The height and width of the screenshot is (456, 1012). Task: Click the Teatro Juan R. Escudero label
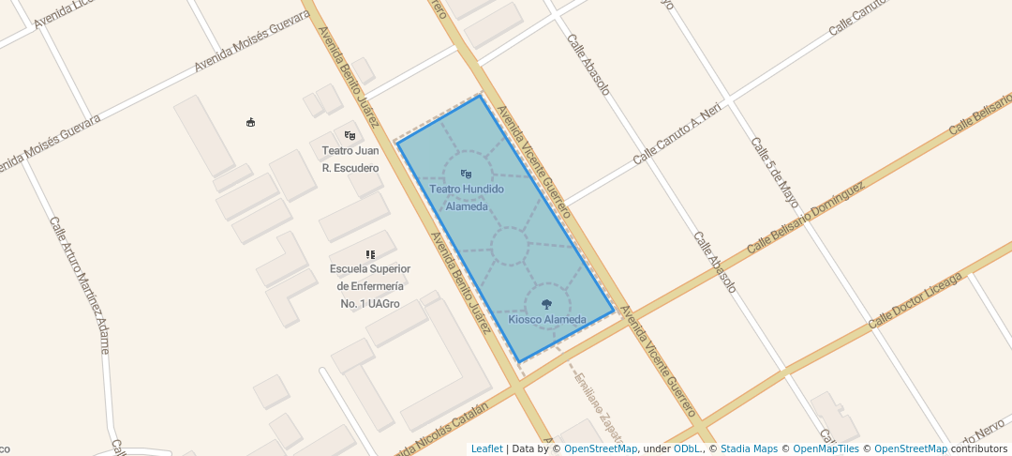click(350, 159)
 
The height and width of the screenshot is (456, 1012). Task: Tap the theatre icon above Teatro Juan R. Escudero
click(350, 135)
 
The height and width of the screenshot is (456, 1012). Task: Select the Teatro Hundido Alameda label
click(467, 197)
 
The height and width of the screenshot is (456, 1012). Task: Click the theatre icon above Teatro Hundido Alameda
click(466, 174)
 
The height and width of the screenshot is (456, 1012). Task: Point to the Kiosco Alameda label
click(547, 319)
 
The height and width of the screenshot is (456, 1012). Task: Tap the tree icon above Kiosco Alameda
click(547, 303)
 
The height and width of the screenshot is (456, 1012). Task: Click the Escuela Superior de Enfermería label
click(370, 286)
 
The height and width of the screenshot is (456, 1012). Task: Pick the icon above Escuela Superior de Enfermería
click(370, 254)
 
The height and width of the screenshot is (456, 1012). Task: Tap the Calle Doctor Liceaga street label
click(915, 300)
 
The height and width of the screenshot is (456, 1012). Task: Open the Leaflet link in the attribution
click(486, 448)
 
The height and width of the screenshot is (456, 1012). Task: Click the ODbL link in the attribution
click(688, 448)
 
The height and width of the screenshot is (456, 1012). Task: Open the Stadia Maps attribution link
click(749, 448)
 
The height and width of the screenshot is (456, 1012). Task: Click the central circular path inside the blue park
click(509, 246)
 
